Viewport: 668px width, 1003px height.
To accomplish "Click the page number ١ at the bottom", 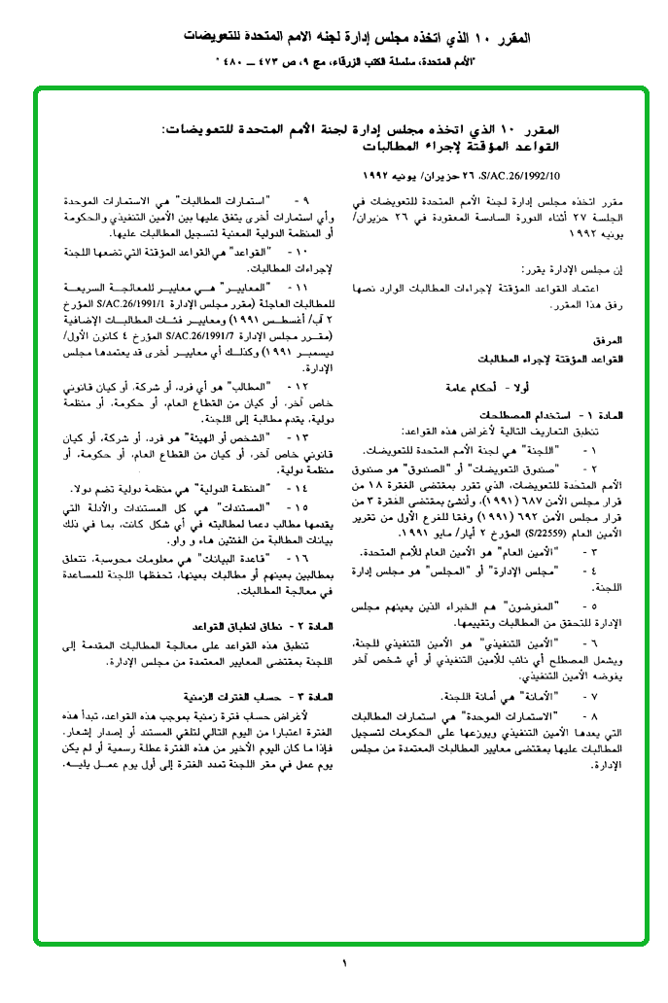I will click(x=344, y=965).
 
